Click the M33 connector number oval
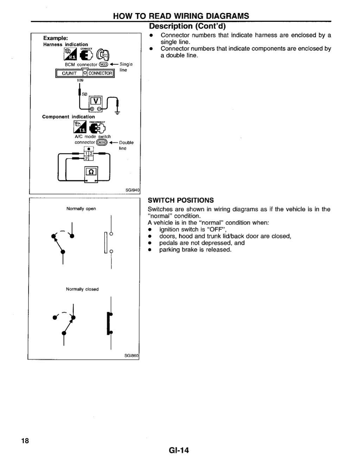click(103, 64)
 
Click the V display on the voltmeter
click(95, 101)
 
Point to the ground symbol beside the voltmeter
click(117, 113)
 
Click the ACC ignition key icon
click(104, 54)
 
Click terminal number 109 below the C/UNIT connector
click(81, 80)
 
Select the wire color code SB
click(84, 94)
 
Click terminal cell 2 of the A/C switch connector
click(86, 158)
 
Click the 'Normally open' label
click(81, 209)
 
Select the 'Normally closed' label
click(82, 289)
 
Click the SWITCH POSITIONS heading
click(181, 200)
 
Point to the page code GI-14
click(179, 450)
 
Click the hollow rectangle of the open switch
click(106, 242)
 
